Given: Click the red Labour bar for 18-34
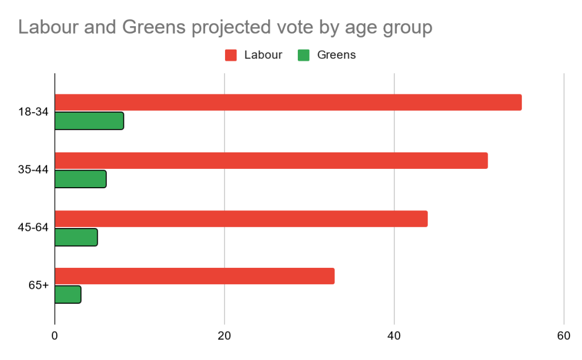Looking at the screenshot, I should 288,102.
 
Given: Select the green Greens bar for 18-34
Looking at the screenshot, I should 89,121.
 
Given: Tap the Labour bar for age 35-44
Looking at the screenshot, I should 271,161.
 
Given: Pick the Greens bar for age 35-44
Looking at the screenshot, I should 81,179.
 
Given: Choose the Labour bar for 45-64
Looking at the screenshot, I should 241,219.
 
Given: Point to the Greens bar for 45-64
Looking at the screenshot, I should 76,237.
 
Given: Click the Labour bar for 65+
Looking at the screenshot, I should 194,276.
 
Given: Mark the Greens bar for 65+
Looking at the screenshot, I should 68,295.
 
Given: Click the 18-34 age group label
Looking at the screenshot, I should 33,112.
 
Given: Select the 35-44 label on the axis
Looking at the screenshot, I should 33,170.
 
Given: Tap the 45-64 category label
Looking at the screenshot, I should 33,228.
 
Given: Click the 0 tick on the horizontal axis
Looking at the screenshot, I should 55,336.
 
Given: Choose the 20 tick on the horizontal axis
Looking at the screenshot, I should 225,336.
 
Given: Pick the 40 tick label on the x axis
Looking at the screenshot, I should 394,336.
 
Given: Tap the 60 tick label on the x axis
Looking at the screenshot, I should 563,336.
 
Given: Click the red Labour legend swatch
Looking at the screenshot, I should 231,55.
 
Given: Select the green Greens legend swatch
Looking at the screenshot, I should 304,55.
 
